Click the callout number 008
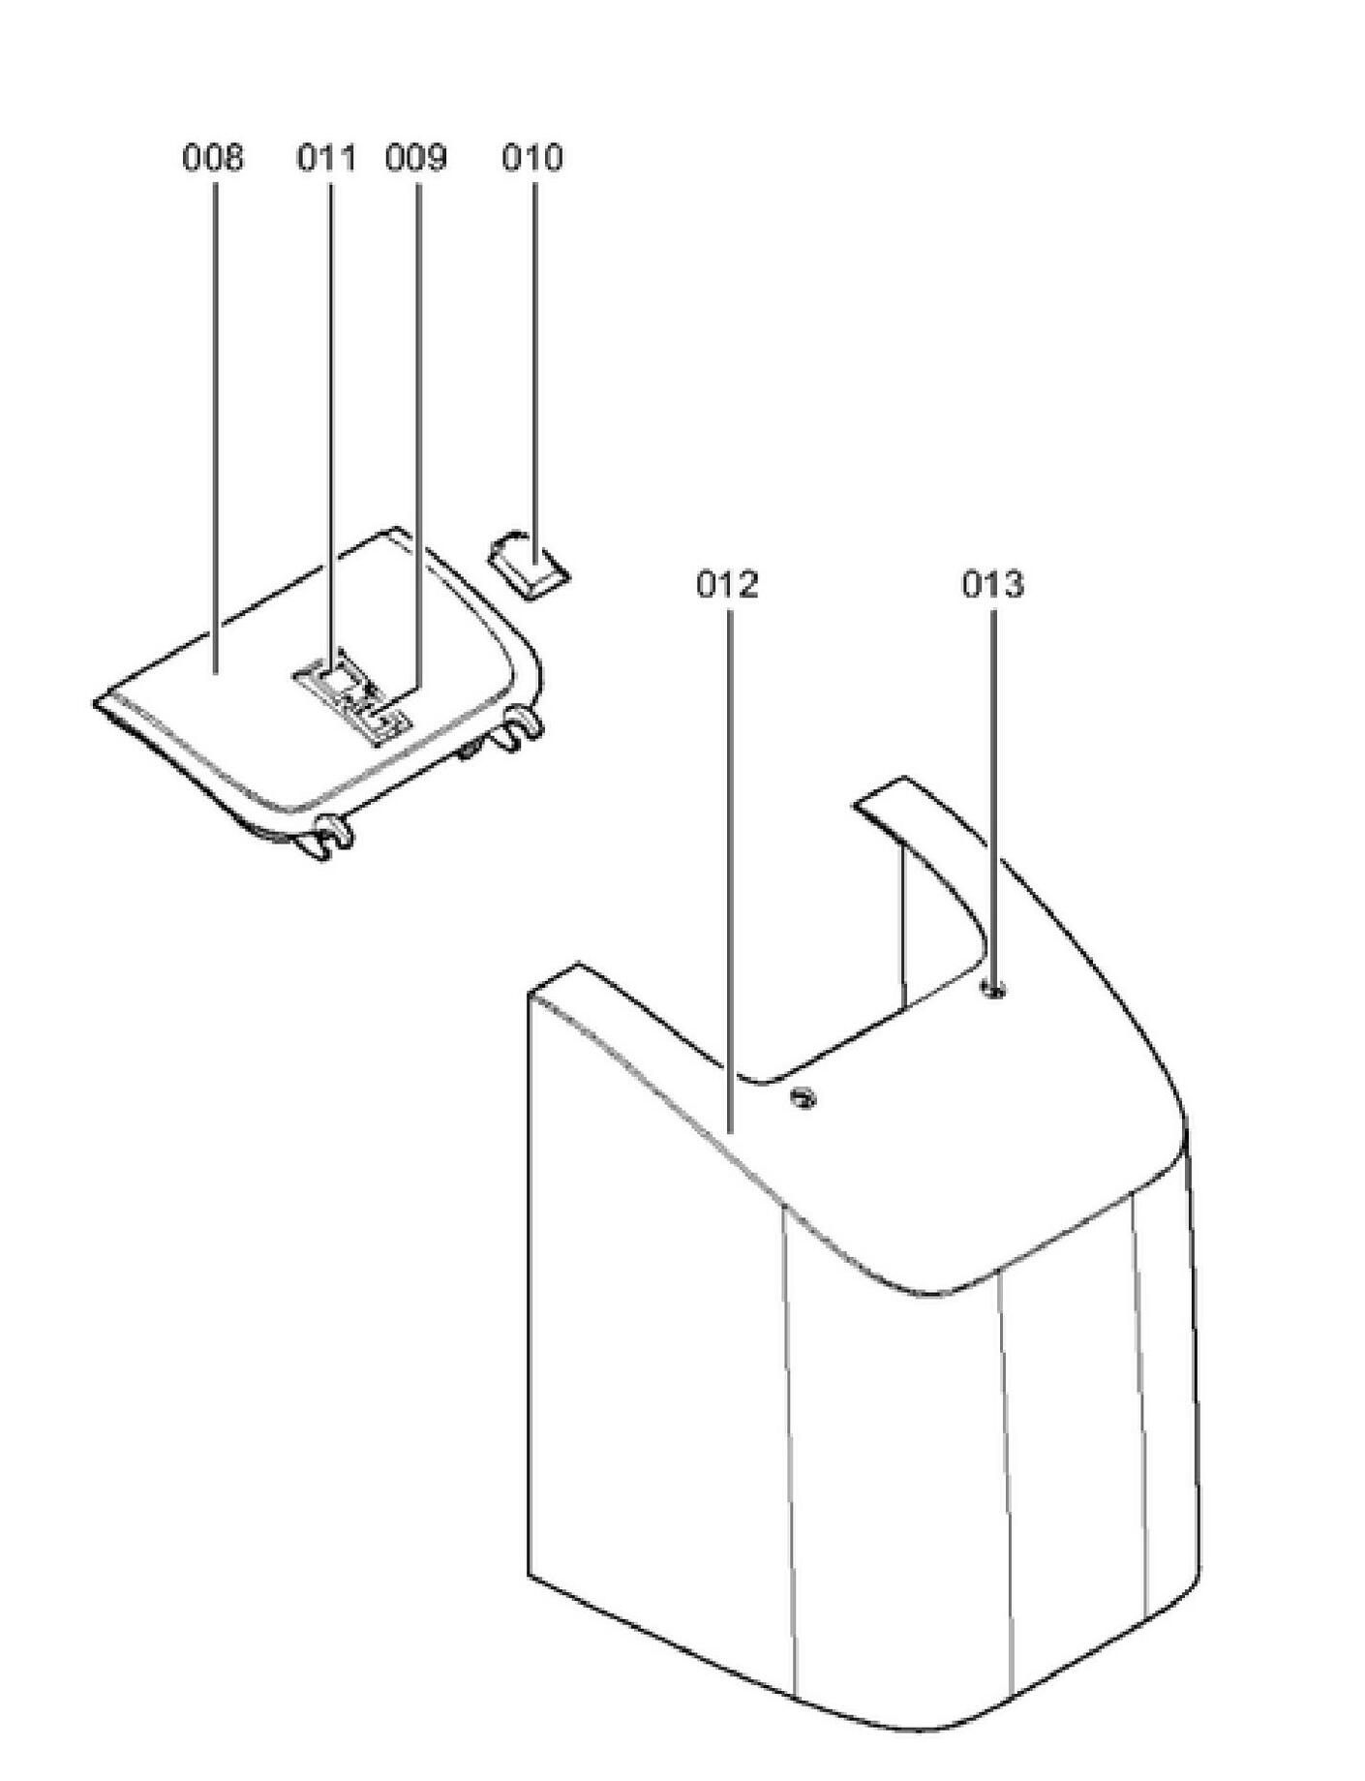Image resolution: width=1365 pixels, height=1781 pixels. (213, 157)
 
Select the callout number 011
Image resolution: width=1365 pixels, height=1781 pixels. (326, 157)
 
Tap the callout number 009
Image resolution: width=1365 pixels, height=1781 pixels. (416, 157)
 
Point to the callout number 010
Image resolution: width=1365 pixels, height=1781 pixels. (531, 157)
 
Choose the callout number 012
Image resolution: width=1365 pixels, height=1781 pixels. (727, 585)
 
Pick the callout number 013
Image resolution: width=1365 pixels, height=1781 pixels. (992, 585)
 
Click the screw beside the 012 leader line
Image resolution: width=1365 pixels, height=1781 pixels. (803, 1097)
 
